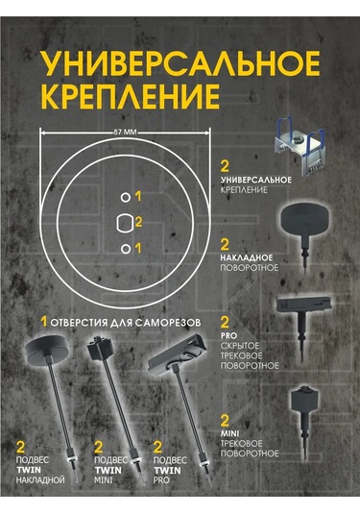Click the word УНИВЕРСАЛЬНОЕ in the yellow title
[180, 63]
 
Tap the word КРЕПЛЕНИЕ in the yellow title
[130, 97]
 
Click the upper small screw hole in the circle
[126, 197]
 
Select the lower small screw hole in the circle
[126, 249]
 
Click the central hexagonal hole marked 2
[125, 223]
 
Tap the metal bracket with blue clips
[300, 145]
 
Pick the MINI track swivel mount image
[304, 419]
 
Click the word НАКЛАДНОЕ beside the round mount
[247, 257]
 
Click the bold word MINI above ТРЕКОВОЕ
[230, 434]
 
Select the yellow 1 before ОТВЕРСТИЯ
[44, 322]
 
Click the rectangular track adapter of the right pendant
[177, 355]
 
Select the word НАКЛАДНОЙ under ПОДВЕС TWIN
[40, 480]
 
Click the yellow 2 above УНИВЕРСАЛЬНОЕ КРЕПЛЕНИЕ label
[225, 166]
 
